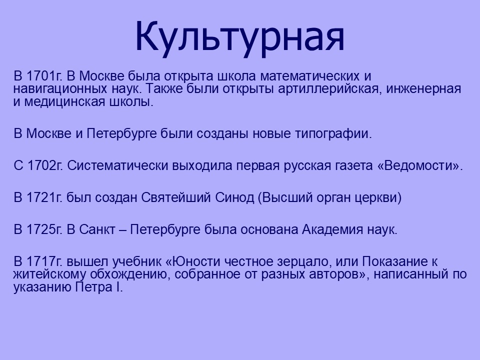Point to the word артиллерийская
(x=329, y=89)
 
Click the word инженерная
(x=423, y=89)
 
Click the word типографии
(x=333, y=134)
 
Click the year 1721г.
(x=44, y=197)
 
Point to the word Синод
(x=234, y=197)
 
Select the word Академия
(x=333, y=229)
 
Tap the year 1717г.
(x=44, y=261)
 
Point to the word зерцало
(x=304, y=262)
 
